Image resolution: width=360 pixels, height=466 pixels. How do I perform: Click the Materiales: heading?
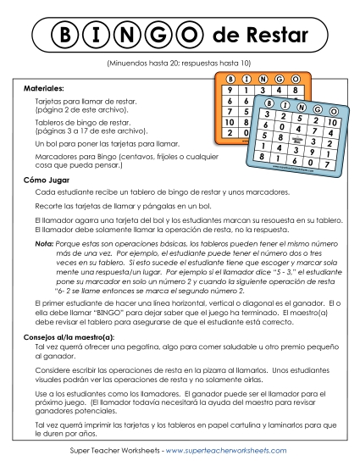point(44,87)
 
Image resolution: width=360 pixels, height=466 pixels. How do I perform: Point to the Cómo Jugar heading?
point(47,180)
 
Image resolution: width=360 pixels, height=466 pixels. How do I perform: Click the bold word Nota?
point(44,243)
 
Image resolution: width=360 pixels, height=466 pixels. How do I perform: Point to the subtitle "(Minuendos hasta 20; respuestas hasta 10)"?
point(180,64)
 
